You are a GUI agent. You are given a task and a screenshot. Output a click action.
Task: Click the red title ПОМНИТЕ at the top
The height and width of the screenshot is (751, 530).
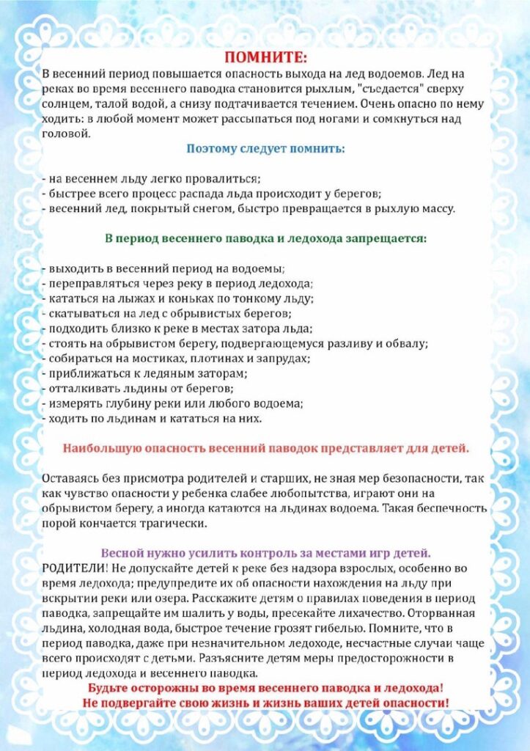pos(265,57)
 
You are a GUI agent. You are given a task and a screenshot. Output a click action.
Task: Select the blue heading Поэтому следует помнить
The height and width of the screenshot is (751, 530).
pos(265,149)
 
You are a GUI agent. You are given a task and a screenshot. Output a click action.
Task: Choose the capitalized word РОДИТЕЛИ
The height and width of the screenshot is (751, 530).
pos(72,568)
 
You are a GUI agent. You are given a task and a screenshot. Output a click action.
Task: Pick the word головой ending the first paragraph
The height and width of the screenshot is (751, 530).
pos(65,134)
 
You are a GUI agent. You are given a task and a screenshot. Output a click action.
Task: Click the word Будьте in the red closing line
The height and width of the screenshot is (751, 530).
pos(109,689)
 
